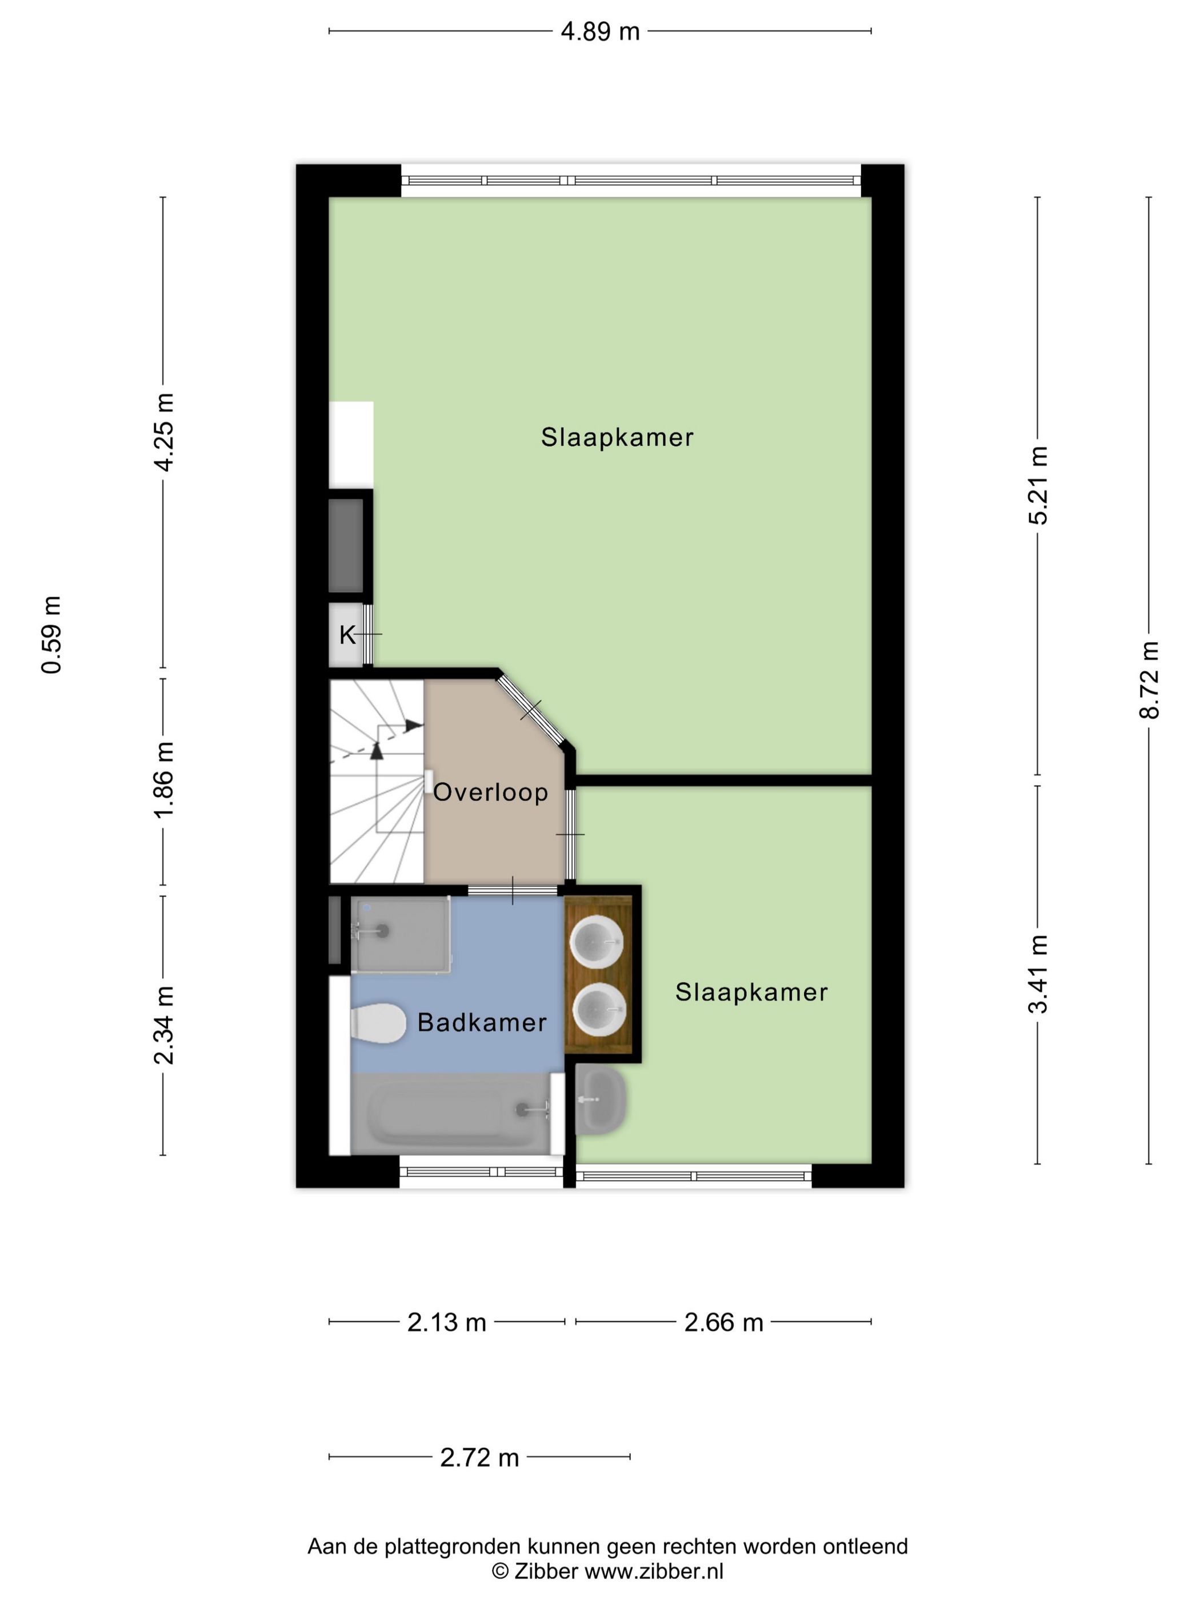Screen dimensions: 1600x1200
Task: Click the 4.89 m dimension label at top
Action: click(599, 32)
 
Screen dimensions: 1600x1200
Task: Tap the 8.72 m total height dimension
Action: click(1149, 679)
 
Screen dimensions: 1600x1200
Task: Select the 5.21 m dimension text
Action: click(1038, 485)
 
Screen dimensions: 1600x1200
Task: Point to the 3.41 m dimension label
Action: click(1038, 974)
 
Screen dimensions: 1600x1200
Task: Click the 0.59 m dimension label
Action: click(51, 634)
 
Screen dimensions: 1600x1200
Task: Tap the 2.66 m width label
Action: click(723, 1322)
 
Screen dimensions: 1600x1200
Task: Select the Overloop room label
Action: click(490, 792)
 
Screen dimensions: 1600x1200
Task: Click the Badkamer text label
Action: click(482, 1022)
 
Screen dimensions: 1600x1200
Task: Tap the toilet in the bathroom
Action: click(378, 1023)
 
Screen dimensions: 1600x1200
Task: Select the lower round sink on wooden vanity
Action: click(599, 1007)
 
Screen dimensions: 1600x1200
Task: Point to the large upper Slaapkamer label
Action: click(617, 437)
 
